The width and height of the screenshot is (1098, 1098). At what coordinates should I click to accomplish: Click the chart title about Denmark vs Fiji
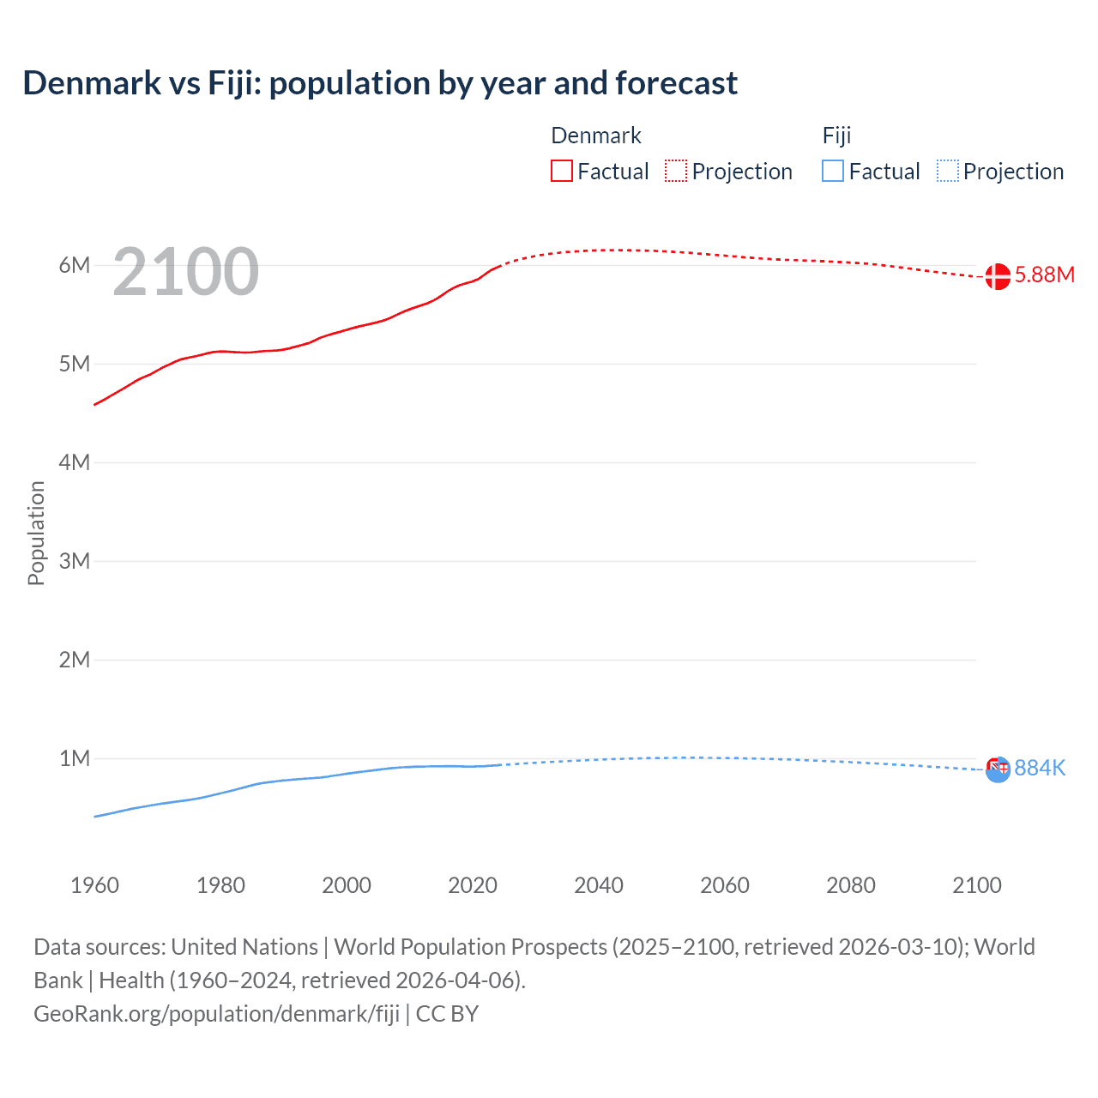pos(380,83)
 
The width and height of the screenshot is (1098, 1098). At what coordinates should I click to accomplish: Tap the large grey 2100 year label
pos(185,272)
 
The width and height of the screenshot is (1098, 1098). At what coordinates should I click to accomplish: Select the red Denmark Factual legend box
pos(561,171)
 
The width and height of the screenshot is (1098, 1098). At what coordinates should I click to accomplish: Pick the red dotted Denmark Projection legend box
pos(676,171)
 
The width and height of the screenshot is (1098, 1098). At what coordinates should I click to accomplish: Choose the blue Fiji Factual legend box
pos(832,171)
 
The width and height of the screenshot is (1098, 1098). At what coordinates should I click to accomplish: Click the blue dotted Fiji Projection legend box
pos(947,171)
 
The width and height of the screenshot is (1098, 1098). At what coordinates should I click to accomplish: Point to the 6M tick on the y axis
pos(75,265)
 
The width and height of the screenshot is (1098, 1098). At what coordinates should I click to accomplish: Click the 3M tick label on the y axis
pos(75,561)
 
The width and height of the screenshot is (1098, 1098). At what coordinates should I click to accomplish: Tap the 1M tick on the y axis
pos(75,758)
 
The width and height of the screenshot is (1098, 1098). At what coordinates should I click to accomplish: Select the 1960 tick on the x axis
pos(94,885)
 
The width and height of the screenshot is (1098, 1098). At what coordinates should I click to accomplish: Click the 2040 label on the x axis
pos(599,885)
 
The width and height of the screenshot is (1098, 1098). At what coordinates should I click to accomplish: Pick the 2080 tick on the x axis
pos(851,885)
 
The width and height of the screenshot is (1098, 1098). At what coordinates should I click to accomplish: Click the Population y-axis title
pos(36,533)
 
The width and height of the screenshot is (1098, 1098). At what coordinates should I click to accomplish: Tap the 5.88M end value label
pos(1044,274)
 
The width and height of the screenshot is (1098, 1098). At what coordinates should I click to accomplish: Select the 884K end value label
pos(1040,768)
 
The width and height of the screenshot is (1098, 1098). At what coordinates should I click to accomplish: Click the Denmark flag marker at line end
pos(997,276)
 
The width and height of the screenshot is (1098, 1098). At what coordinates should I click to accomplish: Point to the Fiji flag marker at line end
pos(998,769)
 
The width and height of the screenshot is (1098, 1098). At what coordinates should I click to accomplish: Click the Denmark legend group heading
pos(596,136)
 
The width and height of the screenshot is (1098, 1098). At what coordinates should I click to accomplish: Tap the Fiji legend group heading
pos(836,136)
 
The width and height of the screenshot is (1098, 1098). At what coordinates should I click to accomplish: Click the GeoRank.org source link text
pos(216,1014)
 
